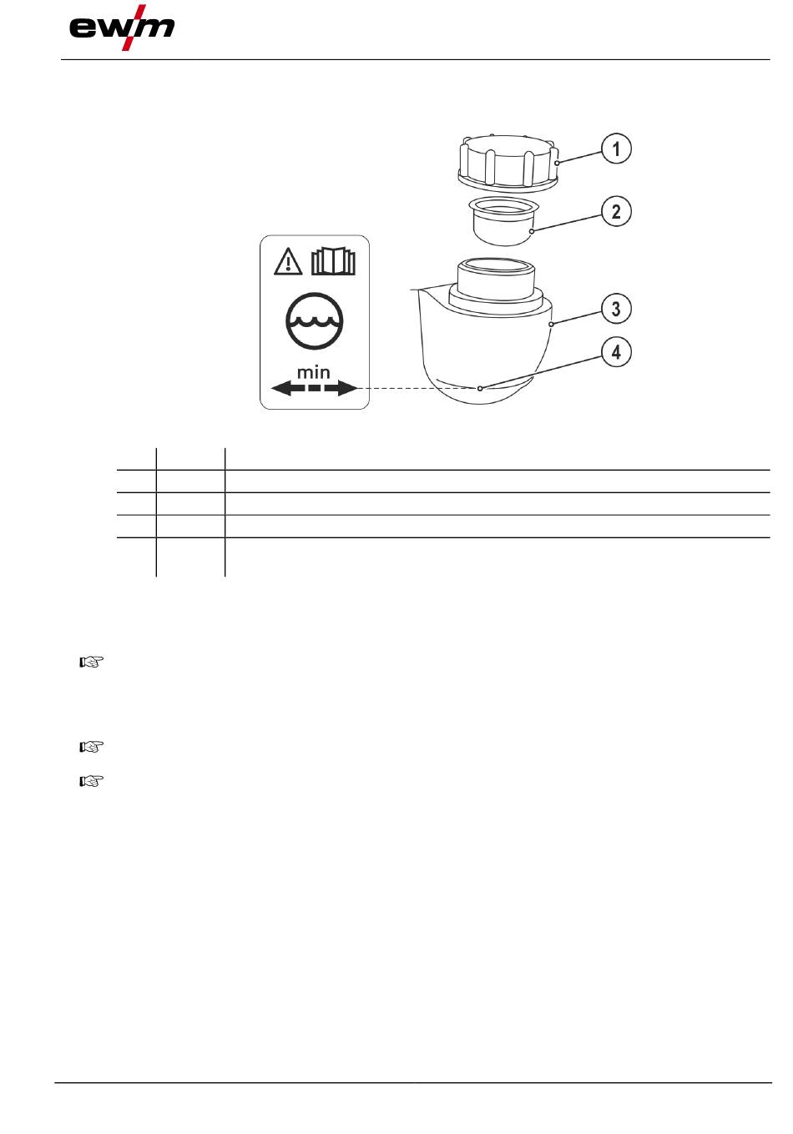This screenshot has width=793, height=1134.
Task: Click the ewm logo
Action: [122, 28]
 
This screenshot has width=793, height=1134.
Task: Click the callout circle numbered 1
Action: [616, 149]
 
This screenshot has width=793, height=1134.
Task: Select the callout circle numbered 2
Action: [616, 211]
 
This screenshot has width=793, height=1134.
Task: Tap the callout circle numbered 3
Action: [616, 309]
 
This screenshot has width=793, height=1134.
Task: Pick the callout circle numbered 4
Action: [616, 352]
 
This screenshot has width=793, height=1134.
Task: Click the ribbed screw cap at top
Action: [508, 163]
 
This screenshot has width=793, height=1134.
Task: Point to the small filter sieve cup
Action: [504, 221]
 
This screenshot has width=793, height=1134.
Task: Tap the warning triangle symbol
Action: [288, 262]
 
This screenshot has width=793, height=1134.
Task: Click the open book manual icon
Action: [333, 261]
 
